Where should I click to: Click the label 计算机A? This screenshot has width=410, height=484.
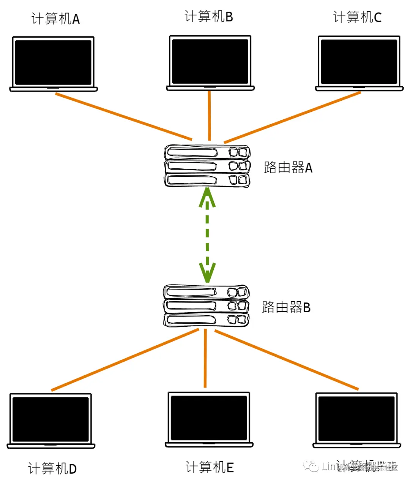pos(55,19)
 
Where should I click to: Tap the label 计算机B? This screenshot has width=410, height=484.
pos(208,17)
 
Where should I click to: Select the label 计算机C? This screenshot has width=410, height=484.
pos(357,17)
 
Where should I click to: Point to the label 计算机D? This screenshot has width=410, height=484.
pos(52,468)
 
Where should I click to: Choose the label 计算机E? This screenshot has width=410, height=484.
pos(210,467)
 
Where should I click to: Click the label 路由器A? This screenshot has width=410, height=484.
pos(288,168)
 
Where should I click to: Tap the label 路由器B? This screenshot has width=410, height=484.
pos(286,307)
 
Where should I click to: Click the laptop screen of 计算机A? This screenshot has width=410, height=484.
pos(53,62)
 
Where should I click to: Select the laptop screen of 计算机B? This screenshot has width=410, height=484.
pos(210,61)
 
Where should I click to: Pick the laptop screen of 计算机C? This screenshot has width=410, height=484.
pos(359,62)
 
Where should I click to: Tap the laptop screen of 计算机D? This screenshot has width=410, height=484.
pos(51,419)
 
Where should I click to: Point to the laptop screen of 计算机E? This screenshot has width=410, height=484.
pos(209,418)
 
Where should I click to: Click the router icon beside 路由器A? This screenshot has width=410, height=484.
pos(207,166)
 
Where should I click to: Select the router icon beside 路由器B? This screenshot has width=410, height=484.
pos(206,306)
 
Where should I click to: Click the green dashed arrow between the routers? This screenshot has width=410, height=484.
pos(207,236)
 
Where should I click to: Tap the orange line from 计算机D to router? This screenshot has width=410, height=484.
pos(125,360)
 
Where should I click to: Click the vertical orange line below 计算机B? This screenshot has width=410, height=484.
pos(209,116)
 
